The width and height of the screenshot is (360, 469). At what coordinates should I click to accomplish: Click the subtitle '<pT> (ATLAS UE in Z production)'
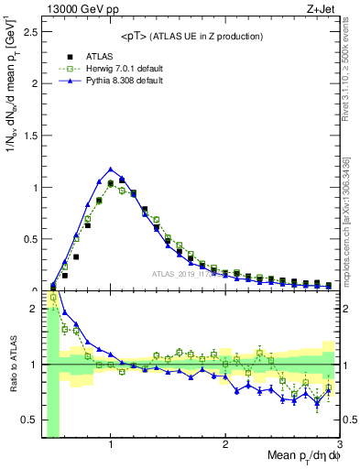(191, 37)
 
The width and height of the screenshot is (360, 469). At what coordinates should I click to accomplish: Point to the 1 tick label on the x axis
(111, 444)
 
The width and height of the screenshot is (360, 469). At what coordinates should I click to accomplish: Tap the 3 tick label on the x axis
(338, 444)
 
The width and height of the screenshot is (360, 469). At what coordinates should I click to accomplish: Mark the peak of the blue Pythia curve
(111, 169)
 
